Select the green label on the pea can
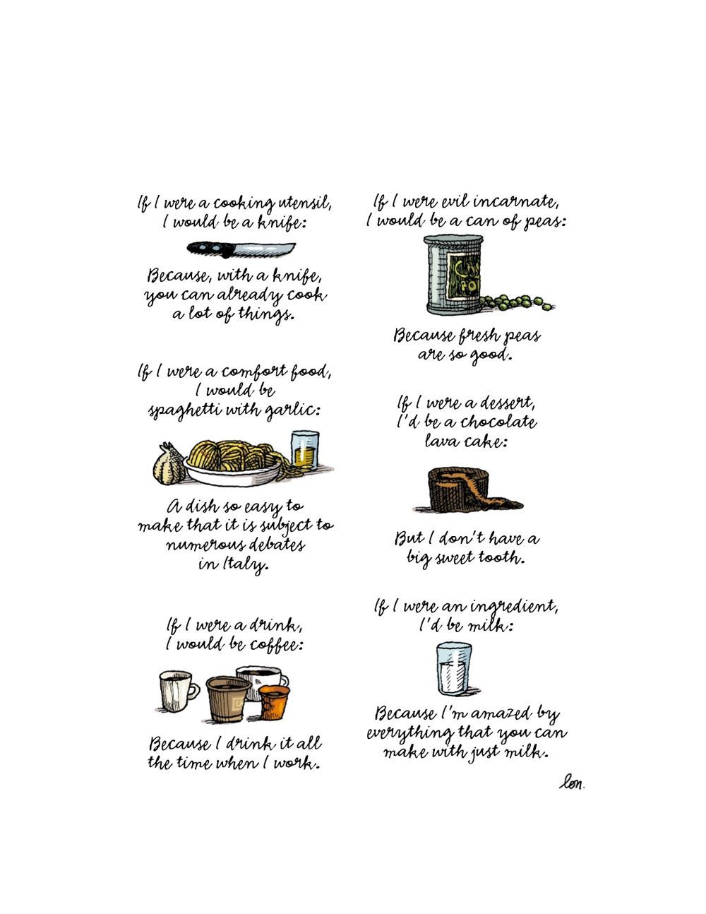tap(464, 274)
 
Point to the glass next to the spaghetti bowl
tap(305, 451)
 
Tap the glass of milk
tap(453, 668)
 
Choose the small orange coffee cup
tap(274, 702)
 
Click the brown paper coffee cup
tap(229, 699)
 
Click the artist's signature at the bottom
tap(572, 783)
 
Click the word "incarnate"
tap(516, 203)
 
